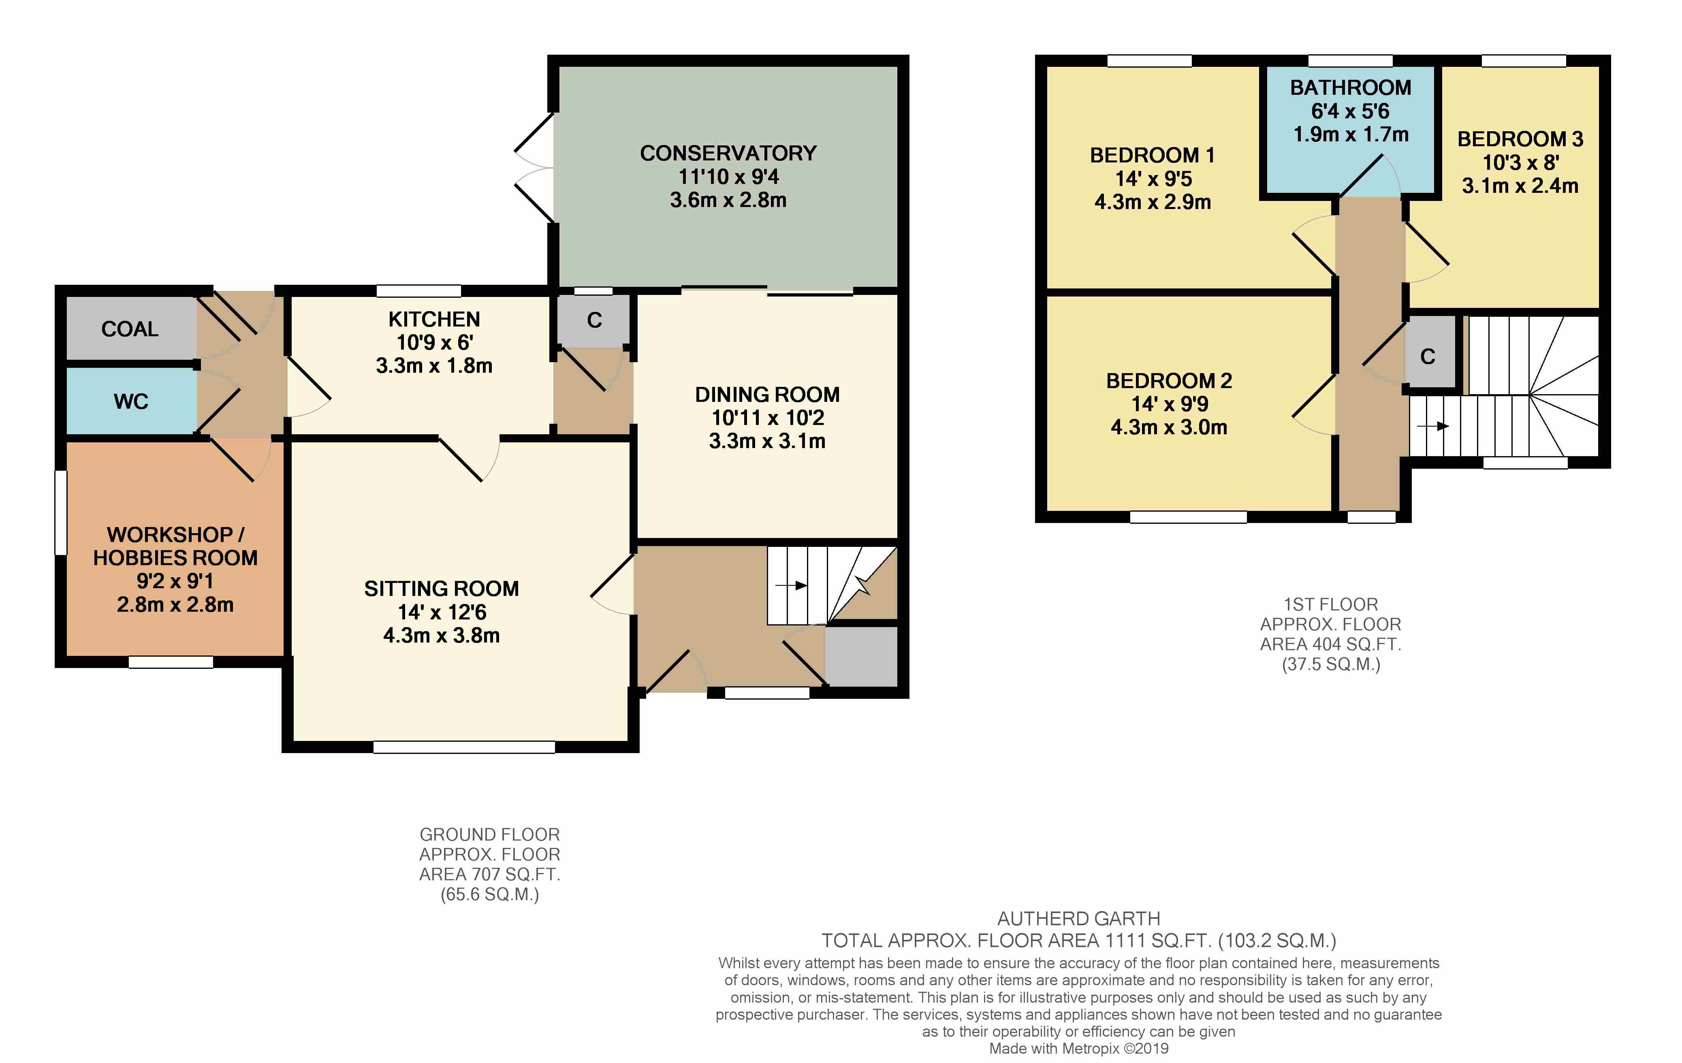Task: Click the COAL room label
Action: (x=130, y=329)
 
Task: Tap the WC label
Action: (x=131, y=401)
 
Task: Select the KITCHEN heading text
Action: (x=434, y=319)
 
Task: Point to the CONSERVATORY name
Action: (x=728, y=153)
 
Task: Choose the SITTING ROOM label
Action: (x=442, y=589)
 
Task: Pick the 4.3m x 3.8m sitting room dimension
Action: (x=442, y=636)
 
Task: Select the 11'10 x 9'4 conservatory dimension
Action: (x=728, y=177)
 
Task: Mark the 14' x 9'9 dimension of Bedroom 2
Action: (x=1169, y=403)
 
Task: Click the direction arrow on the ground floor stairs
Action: (x=792, y=585)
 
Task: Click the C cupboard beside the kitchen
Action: (x=594, y=320)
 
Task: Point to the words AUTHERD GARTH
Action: (x=1079, y=918)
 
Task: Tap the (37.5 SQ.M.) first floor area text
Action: (x=1331, y=664)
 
